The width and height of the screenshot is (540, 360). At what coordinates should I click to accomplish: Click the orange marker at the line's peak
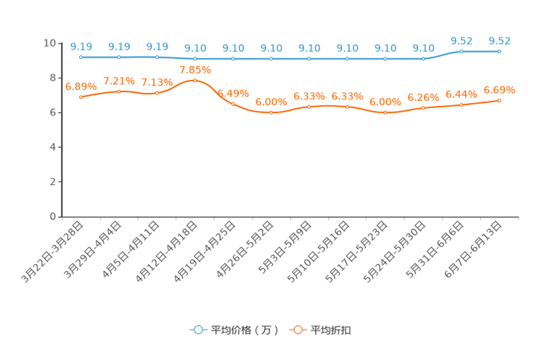195,80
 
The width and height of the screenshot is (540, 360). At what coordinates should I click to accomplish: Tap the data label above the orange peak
195,70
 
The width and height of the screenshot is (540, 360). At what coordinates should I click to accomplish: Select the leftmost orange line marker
81,97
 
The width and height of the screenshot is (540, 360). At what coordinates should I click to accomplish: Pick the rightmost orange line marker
499,101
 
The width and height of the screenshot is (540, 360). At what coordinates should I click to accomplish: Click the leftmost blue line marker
81,57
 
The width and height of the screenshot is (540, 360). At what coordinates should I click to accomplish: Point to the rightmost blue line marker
499,51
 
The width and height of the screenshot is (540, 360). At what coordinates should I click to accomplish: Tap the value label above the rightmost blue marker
499,41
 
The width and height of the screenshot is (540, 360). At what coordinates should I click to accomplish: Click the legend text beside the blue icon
245,330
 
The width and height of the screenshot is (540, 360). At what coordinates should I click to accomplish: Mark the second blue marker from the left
119,57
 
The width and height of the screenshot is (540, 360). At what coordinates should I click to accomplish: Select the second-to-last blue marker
461,51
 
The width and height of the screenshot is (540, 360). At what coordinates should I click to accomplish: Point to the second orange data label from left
119,81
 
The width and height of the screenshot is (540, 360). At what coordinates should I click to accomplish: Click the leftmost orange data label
81,86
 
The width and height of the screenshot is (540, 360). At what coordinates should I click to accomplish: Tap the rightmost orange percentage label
499,90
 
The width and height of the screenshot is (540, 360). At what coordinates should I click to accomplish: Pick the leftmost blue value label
81,46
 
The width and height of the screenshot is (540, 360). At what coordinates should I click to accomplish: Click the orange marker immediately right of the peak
233,104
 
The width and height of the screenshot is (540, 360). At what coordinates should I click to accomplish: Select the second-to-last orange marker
461,105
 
